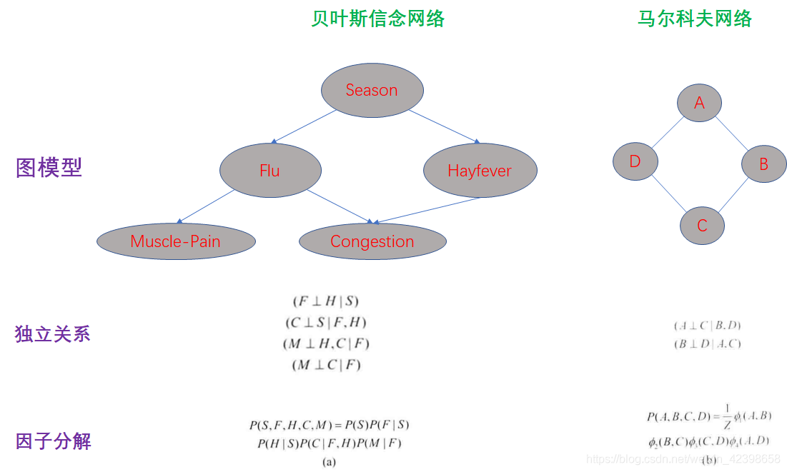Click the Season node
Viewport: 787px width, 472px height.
pyautogui.click(x=372, y=90)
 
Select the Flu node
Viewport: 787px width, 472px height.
pyautogui.click(x=270, y=171)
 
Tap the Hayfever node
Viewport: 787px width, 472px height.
pyautogui.click(x=480, y=171)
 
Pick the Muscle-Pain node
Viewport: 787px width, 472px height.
pyautogui.click(x=176, y=241)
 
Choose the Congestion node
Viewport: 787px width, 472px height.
pyautogui.click(x=372, y=241)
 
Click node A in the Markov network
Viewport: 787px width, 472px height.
pyautogui.click(x=699, y=103)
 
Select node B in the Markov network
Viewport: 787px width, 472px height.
pyautogui.click(x=763, y=164)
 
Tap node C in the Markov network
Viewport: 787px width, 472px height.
pyautogui.click(x=702, y=226)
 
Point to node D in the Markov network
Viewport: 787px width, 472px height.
pyautogui.click(x=635, y=161)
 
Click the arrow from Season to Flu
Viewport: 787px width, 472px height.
pyautogui.click(x=305, y=126)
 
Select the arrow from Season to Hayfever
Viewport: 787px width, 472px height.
pyautogui.click(x=444, y=126)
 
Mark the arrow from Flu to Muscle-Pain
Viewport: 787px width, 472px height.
pyautogui.click(x=206, y=206)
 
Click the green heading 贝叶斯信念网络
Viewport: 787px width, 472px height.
pyautogui.click(x=377, y=19)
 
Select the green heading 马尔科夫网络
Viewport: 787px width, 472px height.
pyautogui.click(x=695, y=19)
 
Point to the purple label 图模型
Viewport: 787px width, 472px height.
pyautogui.click(x=49, y=168)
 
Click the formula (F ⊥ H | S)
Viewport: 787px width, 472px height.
pyautogui.click(x=325, y=301)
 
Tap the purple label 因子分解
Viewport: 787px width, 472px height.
pyautogui.click(x=53, y=441)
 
